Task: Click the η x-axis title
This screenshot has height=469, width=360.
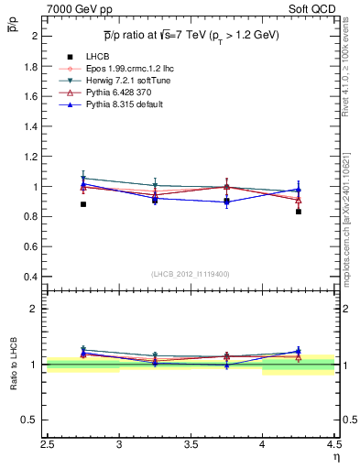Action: click(x=335, y=457)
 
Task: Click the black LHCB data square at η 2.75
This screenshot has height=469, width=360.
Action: click(x=83, y=204)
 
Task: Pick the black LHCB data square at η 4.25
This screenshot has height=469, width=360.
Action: click(x=298, y=212)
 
